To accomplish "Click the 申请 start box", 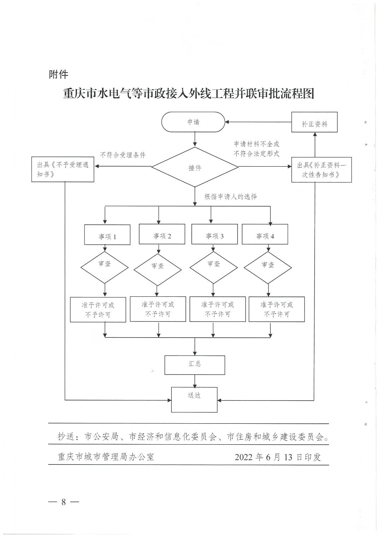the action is (x=193, y=122).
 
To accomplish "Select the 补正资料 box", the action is (x=314, y=122).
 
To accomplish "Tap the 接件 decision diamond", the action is (x=195, y=167).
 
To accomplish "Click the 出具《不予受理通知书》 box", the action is (x=63, y=169).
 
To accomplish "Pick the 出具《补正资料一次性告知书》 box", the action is (x=321, y=169).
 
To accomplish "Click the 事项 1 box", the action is (x=107, y=235).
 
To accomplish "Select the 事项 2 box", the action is (x=162, y=234).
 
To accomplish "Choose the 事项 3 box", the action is (x=214, y=234).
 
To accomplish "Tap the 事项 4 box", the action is (x=265, y=234).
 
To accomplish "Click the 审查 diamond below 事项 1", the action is (x=104, y=267).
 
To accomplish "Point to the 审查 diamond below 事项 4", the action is (x=268, y=267).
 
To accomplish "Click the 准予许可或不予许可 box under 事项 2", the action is (x=158, y=309).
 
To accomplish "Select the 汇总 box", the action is (x=195, y=365).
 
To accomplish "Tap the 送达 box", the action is (x=194, y=400).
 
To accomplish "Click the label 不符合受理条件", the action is (x=123, y=155).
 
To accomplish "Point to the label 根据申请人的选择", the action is (x=230, y=197).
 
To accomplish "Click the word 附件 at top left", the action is (x=59, y=74).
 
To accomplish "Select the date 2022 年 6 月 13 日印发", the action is (x=278, y=457).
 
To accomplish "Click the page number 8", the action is (x=64, y=502).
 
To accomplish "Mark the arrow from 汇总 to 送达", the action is (x=195, y=381).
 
